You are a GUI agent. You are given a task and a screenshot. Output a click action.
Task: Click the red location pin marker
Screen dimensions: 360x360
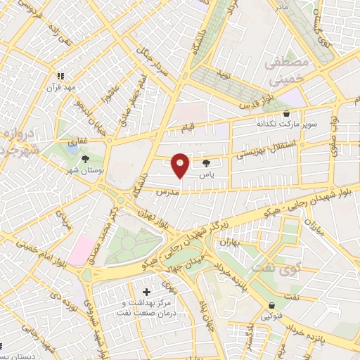pos(180,165)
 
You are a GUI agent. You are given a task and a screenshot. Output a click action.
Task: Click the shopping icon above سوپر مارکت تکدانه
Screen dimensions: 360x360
pos(285,113)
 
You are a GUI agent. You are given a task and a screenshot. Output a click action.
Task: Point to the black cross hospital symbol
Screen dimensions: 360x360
pos(146,291)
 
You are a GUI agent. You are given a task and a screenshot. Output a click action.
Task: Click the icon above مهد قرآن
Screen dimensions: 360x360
pos(60,75)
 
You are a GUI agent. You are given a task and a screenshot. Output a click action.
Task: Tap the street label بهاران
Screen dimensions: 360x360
pos(230,243)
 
